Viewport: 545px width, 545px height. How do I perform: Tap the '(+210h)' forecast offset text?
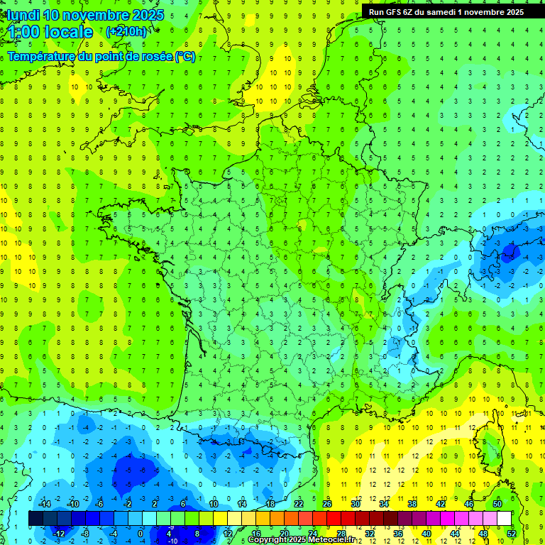pyautogui.click(x=126, y=31)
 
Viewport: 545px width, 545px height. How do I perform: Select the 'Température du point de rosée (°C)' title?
pyautogui.click(x=101, y=57)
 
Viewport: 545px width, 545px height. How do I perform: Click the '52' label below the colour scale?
pyautogui.click(x=511, y=533)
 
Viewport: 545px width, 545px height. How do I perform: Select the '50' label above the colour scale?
pyautogui.click(x=497, y=504)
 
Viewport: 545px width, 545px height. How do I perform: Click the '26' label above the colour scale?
pyautogui.click(x=327, y=504)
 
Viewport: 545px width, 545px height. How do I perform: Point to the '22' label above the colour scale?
pyautogui.click(x=299, y=504)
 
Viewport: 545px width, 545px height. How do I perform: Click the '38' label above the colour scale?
pyautogui.click(x=412, y=504)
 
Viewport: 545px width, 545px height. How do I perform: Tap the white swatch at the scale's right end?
pyautogui.click(x=504, y=518)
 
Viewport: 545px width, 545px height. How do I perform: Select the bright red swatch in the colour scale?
pyautogui.click(x=334, y=518)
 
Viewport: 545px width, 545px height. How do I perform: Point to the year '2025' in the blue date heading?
pyautogui.click(x=148, y=15)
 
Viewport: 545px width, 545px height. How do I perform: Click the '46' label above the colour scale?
pyautogui.click(x=469, y=504)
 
